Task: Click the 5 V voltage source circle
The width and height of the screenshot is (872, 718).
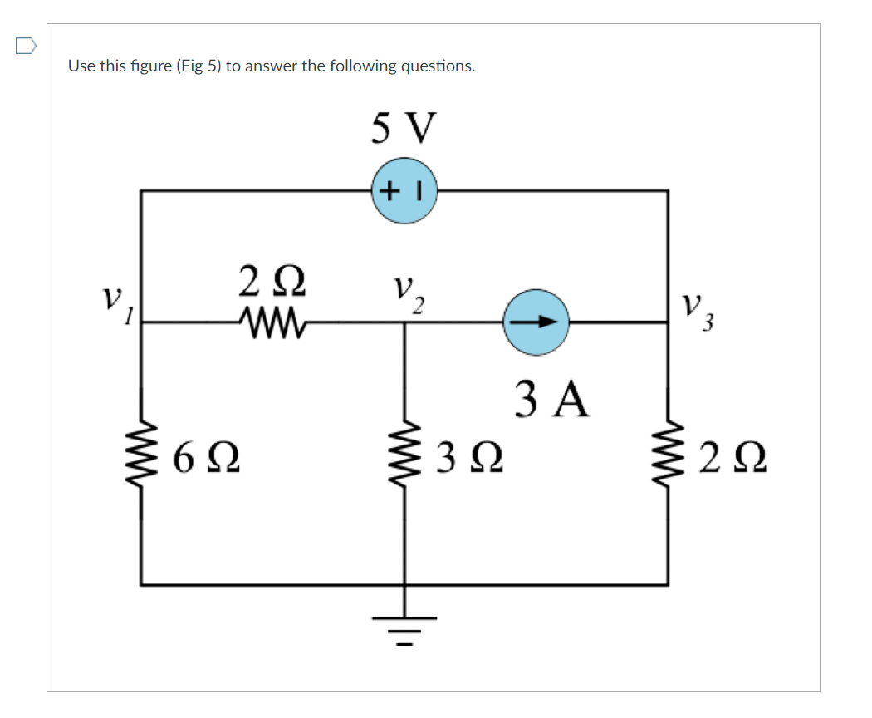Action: tap(404, 191)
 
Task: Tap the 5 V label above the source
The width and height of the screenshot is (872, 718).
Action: tap(404, 129)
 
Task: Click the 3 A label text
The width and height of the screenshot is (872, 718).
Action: tap(552, 399)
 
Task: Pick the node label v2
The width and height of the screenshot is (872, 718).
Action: tap(407, 293)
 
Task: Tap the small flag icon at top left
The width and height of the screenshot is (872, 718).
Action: tap(26, 47)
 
